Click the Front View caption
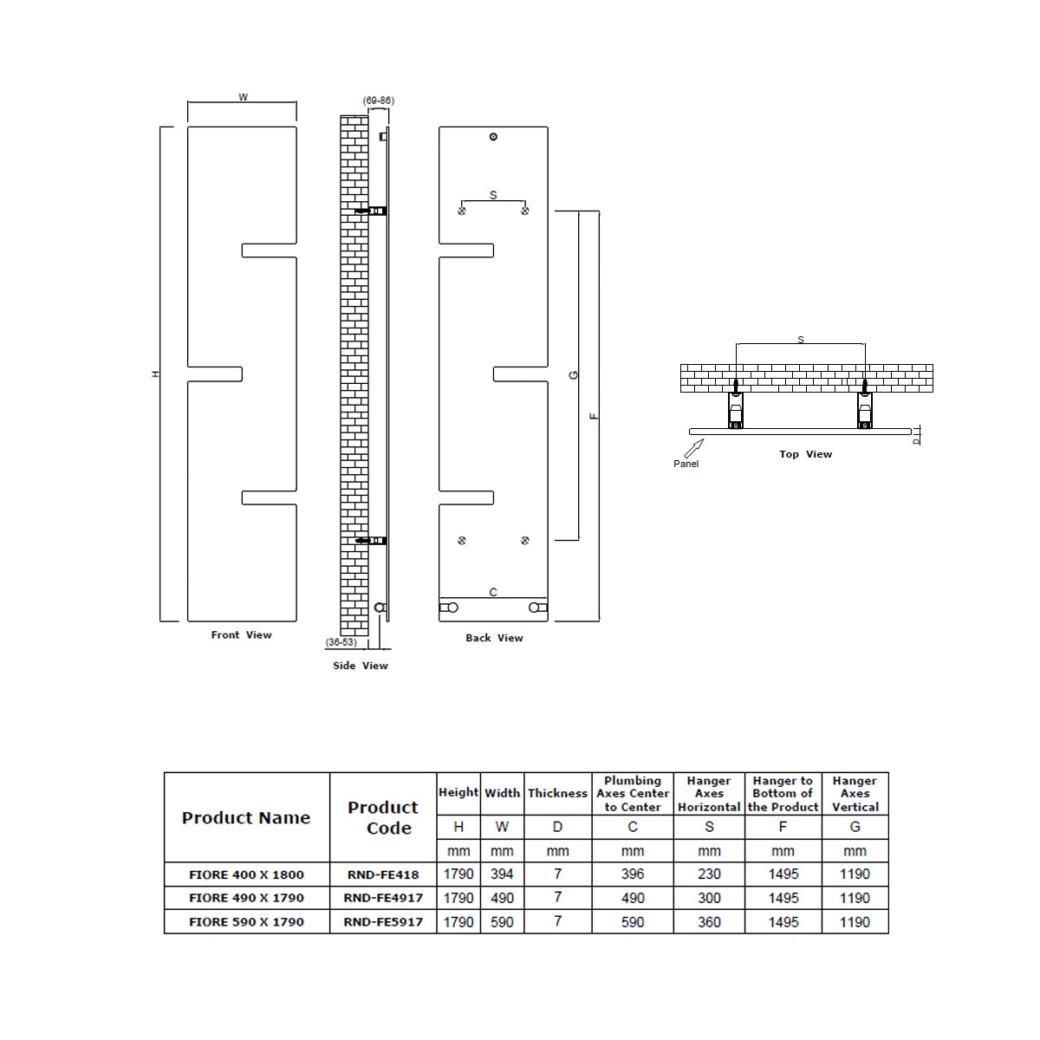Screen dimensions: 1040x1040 tap(241, 635)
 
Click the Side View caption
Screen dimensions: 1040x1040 tap(360, 666)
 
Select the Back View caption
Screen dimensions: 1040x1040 tap(494, 638)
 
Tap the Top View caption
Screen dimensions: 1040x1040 tap(805, 454)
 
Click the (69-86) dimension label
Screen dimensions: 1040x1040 tap(379, 101)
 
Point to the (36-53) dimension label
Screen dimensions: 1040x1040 tap(341, 642)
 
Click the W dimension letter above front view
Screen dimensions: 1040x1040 tap(243, 97)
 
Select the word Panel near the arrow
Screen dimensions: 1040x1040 tap(686, 464)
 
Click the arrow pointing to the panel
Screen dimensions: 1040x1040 tap(693, 448)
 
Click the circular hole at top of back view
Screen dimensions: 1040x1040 tap(493, 137)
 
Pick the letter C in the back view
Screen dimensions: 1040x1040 tap(493, 593)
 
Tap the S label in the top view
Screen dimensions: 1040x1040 tap(800, 340)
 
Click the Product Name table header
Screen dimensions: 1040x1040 tap(246, 817)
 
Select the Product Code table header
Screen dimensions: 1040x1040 tap(383, 817)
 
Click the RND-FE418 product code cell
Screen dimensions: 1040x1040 tap(383, 874)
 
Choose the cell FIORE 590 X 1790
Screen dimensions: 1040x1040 tap(246, 922)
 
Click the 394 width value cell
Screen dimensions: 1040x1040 tap(502, 874)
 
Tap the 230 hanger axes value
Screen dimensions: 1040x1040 tap(709, 874)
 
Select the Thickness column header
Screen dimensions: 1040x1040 tap(557, 793)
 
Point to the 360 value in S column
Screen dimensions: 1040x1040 tap(709, 922)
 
